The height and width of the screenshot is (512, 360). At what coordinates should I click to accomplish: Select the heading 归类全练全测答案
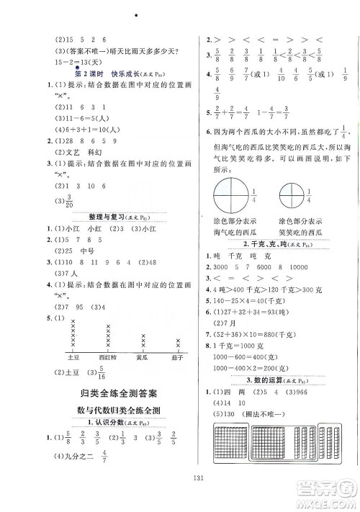pyautogui.click(x=115, y=393)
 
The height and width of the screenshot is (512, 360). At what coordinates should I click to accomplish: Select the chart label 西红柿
pyautogui.click(x=107, y=356)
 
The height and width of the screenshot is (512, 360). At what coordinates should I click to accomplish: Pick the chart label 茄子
pyautogui.click(x=177, y=356)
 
